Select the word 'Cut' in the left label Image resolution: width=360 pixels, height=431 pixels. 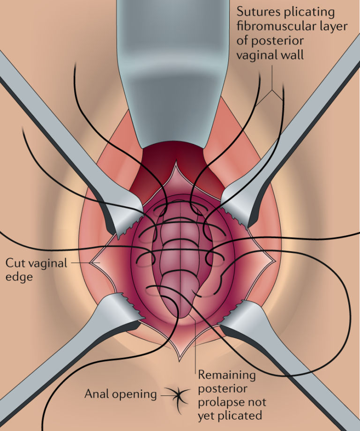click(x=14, y=262)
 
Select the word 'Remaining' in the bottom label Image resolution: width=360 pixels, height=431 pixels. click(x=227, y=375)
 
